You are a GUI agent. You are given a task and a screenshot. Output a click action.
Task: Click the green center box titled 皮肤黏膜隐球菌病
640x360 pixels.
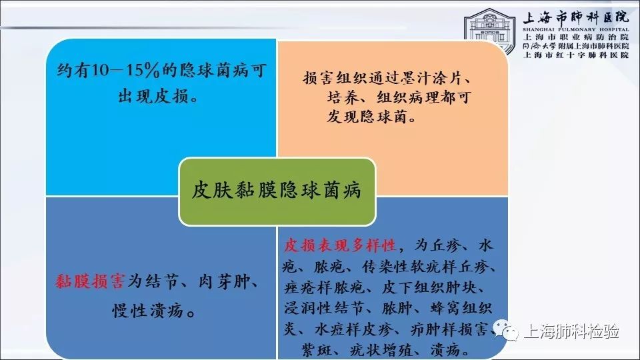coord(277,191)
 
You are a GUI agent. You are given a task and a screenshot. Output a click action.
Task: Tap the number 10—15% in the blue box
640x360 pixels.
coord(125,70)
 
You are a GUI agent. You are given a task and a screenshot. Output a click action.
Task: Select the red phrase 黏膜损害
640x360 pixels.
coord(89,281)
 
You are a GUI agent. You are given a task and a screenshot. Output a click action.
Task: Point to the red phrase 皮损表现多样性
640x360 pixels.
coord(340,245)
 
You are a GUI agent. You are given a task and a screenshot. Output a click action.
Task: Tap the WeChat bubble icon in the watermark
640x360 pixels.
coord(505,330)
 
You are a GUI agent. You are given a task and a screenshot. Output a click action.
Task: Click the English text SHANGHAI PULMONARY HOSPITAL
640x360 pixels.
coord(576,29)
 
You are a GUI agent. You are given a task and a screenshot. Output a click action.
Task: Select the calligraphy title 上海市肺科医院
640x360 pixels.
coord(576,17)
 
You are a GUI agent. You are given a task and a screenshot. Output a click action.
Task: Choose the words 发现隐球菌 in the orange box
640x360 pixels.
coord(367,117)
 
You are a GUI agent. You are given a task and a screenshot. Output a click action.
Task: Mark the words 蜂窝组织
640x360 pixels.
coord(461,308)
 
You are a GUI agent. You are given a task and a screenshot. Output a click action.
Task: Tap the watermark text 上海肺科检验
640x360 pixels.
coord(571,331)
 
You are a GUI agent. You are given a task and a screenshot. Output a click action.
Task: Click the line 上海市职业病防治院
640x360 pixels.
coord(576,37)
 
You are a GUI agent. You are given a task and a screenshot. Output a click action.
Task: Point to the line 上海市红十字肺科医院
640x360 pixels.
coord(576,55)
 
